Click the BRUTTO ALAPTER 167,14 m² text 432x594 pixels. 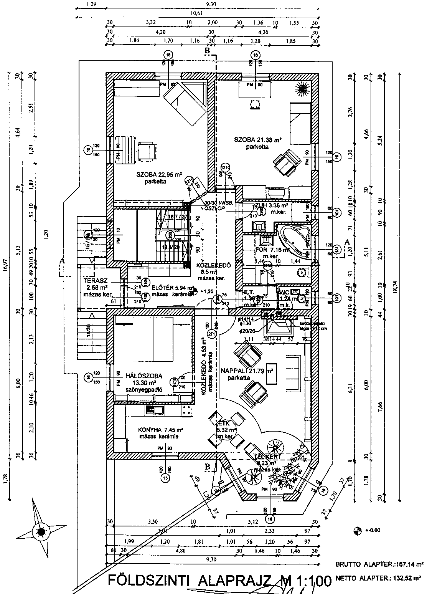pos(379,564)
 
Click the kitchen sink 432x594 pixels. pos(155,410)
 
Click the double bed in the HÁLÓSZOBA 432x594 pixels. pos(153,338)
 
